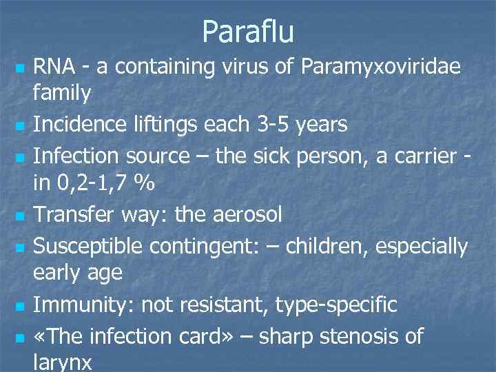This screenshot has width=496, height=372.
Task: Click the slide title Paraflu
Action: [x=248, y=32]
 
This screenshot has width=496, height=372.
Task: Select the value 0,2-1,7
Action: [x=97, y=184]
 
